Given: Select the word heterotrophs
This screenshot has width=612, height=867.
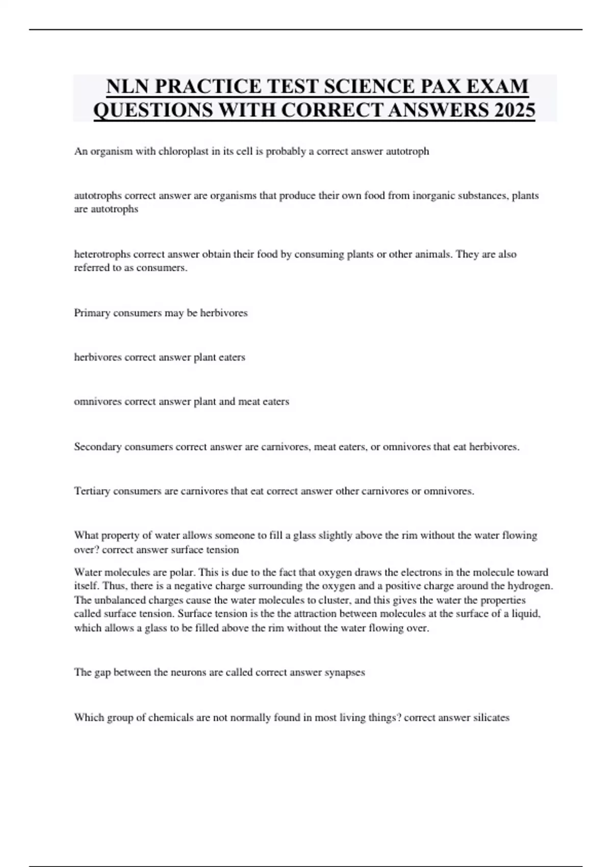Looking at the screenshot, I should click(x=102, y=254).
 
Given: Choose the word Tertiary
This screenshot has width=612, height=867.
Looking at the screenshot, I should click(x=92, y=491).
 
